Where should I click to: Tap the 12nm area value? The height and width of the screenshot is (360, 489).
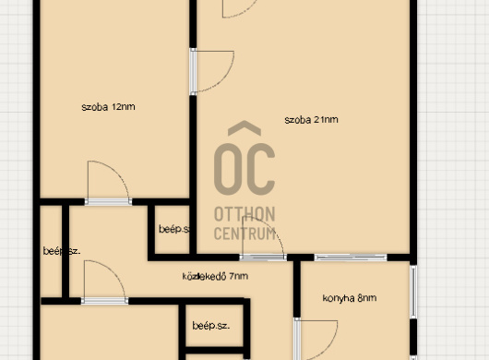tap(123, 107)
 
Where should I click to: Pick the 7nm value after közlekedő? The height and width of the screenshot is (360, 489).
tap(238, 275)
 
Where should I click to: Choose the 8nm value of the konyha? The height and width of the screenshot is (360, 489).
tap(367, 298)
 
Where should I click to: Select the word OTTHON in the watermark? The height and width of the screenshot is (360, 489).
tap(244, 214)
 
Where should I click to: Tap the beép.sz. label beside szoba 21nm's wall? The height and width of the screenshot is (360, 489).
tap(173, 229)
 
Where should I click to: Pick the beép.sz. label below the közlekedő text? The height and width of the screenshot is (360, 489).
tap(210, 326)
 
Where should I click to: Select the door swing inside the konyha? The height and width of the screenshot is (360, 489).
tap(314, 337)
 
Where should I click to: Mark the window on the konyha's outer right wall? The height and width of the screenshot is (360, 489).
tap(413, 291)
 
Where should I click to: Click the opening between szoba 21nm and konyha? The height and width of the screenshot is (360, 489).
tap(349, 257)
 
